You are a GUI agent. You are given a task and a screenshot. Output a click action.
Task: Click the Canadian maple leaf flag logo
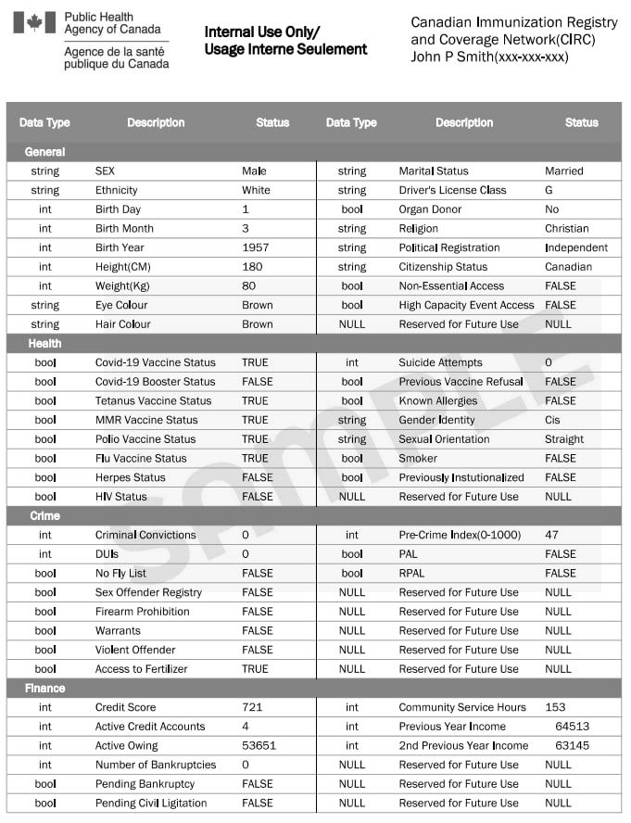pos(34,22)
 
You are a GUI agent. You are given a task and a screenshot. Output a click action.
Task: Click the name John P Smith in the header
pos(452,57)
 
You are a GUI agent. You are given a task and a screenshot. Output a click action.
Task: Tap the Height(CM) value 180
pos(251,267)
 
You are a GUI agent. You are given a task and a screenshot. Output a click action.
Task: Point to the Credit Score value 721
pos(252,707)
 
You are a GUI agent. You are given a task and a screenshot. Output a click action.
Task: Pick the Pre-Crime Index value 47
pos(552,535)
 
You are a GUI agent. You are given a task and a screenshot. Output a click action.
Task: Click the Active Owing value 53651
pos(259,745)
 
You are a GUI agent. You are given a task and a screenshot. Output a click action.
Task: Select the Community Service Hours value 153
pos(555,707)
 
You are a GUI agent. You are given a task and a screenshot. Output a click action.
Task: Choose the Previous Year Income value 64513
pos(573,727)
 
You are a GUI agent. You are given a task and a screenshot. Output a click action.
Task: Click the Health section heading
pos(44,343)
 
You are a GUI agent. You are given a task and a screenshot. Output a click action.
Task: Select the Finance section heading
pos(45,688)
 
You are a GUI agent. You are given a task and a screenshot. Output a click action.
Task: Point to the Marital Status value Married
pos(564,171)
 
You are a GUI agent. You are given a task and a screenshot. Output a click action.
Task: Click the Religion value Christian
pos(567,228)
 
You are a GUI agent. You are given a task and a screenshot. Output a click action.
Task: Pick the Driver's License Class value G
pos(549,190)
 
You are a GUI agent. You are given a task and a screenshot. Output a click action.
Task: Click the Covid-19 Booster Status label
pos(156,382)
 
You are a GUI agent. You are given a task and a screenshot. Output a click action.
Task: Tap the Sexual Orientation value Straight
pos(564,439)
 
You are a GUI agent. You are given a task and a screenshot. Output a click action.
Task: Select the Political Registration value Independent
pos(576,247)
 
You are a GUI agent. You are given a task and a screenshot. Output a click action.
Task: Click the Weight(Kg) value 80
pos(248,285)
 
